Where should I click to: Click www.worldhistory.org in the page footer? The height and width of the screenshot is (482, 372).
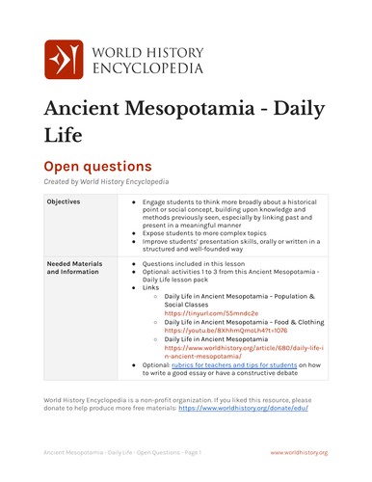click(x=299, y=451)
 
